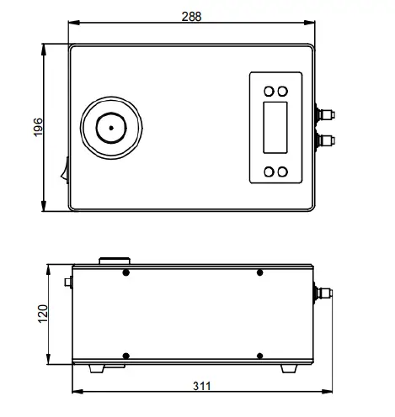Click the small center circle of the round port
click(109, 129)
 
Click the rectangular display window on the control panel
click(276, 129)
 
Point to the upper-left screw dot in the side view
click(126, 272)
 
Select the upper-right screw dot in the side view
click(260, 272)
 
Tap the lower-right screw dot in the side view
click(260, 355)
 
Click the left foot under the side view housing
click(94, 367)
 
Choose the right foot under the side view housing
click(291, 367)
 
